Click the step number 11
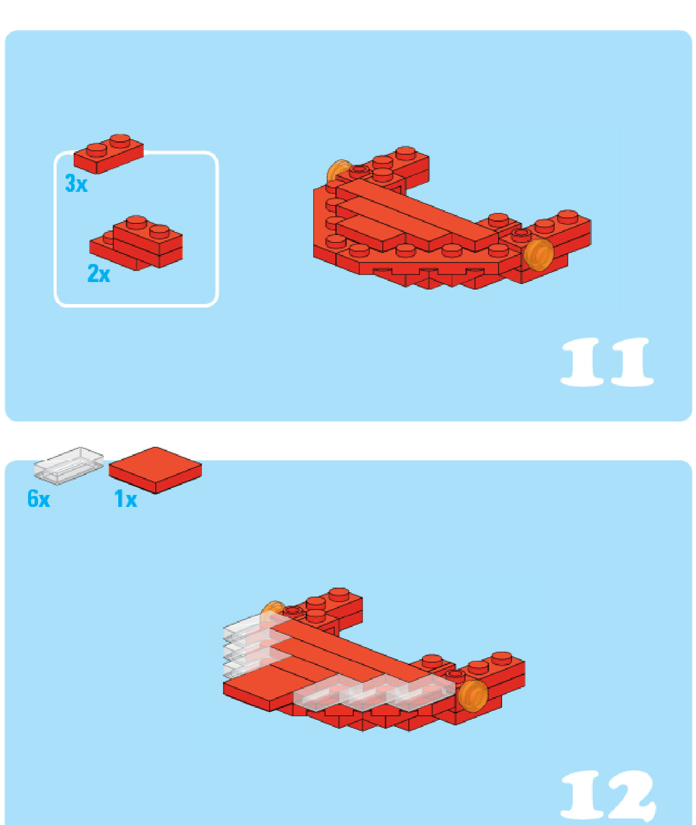click(607, 362)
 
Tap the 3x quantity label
click(76, 184)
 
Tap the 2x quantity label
click(99, 273)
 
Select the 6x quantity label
click(39, 499)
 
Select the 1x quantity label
click(126, 499)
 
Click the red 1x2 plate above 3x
click(109, 154)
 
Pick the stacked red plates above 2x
click(136, 243)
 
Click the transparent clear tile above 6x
click(69, 465)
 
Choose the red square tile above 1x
click(155, 470)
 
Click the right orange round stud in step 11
click(539, 254)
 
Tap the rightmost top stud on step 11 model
click(567, 216)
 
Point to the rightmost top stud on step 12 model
click(502, 658)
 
